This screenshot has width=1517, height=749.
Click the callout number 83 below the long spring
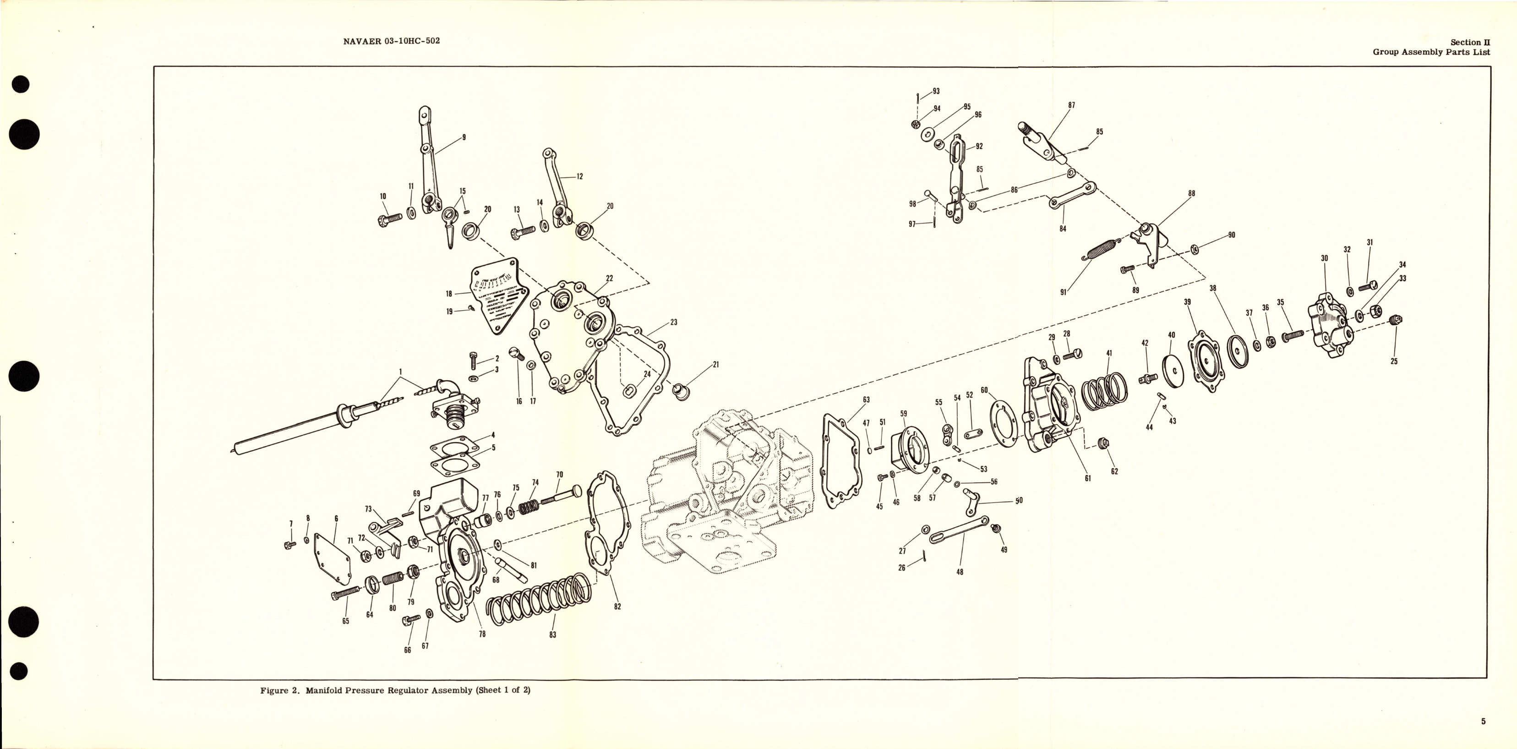(x=552, y=635)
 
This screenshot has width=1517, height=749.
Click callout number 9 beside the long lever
(x=464, y=137)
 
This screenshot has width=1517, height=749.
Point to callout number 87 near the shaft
(x=1071, y=105)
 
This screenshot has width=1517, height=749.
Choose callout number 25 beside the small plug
(x=1394, y=361)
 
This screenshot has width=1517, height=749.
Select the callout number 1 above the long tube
(x=400, y=372)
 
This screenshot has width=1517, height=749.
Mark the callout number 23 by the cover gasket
(x=674, y=322)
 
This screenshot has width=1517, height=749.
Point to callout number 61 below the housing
(x=1088, y=478)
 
